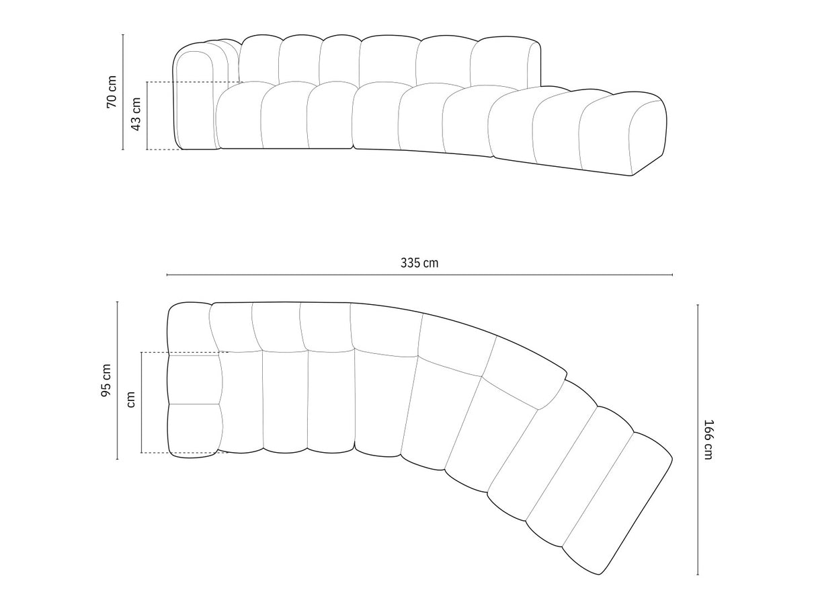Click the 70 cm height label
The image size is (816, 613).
tap(112, 92)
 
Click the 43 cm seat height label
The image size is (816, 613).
tap(136, 114)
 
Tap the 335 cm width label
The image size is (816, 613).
tap(419, 263)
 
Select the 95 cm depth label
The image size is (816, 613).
tap(106, 380)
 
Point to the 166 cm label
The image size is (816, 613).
tap(708, 439)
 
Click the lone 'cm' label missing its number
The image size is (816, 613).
tap(130, 400)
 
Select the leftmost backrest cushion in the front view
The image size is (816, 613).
tap(259, 61)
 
